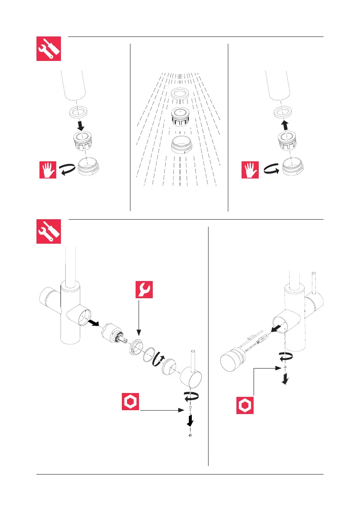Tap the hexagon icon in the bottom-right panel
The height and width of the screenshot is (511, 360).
245,405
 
